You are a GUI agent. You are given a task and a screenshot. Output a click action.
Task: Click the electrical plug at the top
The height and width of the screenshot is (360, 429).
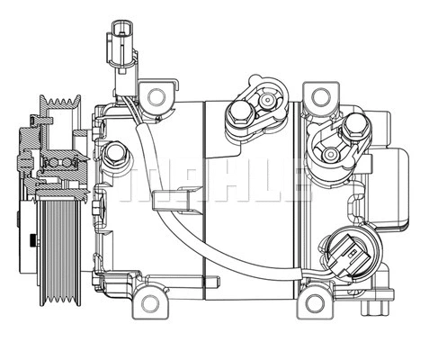click(x=119, y=45)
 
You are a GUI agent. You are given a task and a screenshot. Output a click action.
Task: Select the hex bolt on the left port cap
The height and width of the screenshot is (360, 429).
click(x=240, y=114)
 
